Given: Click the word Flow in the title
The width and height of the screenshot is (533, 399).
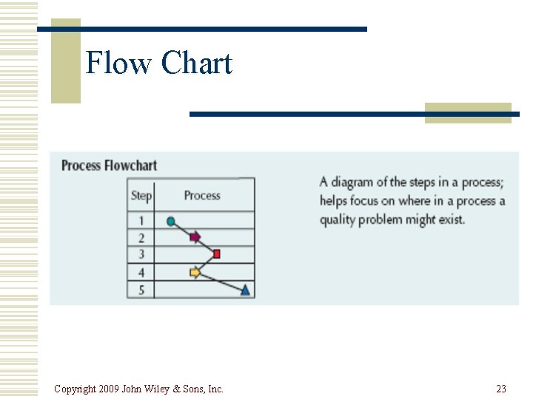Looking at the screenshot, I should tap(118, 63).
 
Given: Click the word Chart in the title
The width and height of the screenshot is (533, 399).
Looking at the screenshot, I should tap(196, 63).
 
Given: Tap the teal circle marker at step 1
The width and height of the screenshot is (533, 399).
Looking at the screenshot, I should tap(172, 221).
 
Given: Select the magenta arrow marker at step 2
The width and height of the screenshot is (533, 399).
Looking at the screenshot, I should tap(195, 237).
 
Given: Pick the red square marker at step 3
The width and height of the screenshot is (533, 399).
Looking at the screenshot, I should tap(217, 254).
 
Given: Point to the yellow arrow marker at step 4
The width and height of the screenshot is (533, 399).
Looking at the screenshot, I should tap(195, 273).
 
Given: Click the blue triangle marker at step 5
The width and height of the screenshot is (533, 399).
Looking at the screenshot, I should tap(246, 290).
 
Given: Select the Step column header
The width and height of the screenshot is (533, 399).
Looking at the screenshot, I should tap(141, 196).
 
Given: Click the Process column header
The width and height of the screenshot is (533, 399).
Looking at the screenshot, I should tap(202, 196).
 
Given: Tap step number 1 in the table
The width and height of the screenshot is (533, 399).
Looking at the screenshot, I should tap(141, 221).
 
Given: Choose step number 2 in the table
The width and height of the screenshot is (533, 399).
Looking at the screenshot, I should tap(141, 238).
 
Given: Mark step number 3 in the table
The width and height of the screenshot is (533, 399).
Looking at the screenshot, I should tap(141, 255).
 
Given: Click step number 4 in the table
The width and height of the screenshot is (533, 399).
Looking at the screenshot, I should tap(141, 273).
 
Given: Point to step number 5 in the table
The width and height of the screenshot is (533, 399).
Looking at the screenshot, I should tap(141, 290).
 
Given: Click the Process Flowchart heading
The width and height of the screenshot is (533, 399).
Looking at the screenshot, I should tap(109, 166).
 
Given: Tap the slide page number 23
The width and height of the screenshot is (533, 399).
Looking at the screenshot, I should tap(501, 389).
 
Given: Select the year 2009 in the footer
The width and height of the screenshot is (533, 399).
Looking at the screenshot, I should tap(109, 389).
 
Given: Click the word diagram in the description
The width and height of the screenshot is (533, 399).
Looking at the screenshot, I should tap(358, 183).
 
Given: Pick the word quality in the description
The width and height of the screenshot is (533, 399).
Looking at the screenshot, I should tap(338, 219).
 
